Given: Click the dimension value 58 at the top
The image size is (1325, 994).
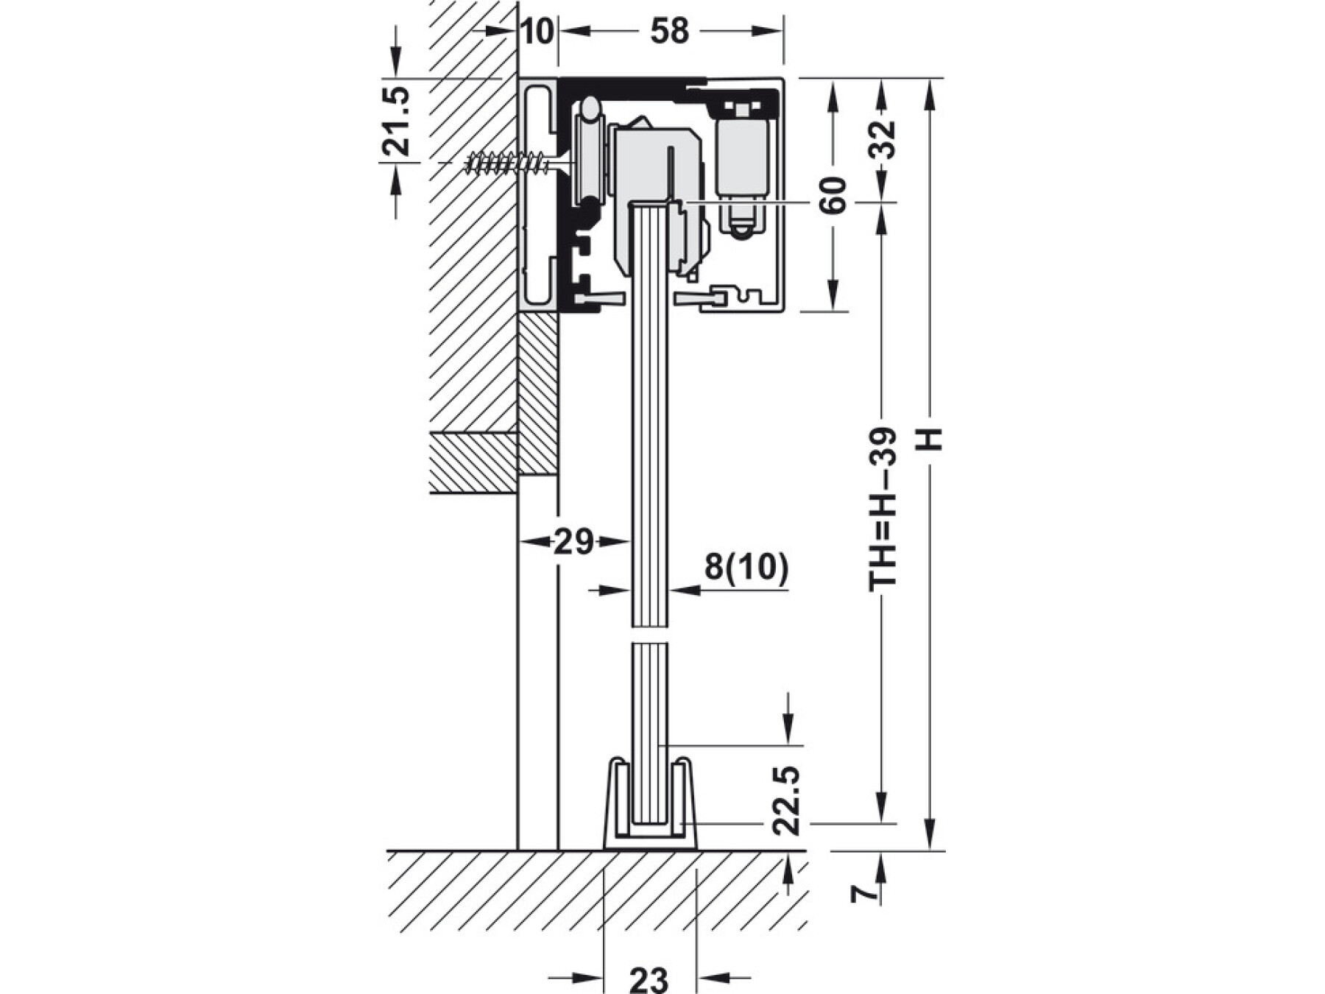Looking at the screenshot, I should (x=669, y=32).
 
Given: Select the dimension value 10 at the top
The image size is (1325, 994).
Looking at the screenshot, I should (x=538, y=32).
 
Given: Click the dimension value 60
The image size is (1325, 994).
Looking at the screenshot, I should (x=834, y=194).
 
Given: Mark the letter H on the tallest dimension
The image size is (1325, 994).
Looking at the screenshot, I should (x=931, y=440).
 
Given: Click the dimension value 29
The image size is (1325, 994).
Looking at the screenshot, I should (x=573, y=543).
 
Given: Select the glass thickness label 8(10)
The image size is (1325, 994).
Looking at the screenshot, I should (x=746, y=567).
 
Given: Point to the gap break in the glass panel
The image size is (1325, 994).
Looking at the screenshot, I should (x=649, y=634).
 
